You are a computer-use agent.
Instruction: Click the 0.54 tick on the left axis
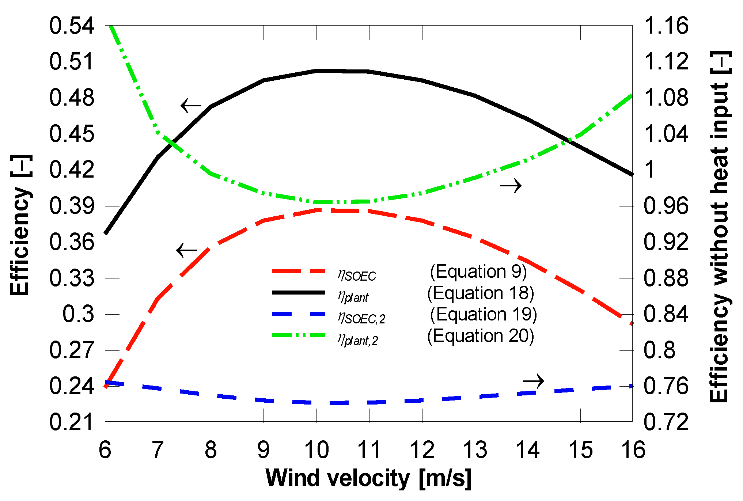[72, 26]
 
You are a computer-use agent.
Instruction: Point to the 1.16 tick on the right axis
[666, 26]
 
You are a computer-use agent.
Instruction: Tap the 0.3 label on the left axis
[78, 314]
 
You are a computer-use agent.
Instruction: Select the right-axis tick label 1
[649, 170]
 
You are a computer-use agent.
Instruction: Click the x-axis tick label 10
[316, 450]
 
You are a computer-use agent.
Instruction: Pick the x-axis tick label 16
[633, 450]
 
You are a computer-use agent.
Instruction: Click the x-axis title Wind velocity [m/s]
[368, 478]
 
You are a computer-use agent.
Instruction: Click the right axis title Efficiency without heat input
[720, 227]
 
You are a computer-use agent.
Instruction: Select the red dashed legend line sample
[298, 271]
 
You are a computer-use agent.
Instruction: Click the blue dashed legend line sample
[298, 314]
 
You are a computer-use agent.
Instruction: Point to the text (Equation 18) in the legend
[480, 293]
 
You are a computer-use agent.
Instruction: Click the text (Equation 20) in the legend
[480, 336]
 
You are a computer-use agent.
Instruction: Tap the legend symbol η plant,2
[357, 339]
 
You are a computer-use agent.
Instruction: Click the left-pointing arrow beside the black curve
[191, 106]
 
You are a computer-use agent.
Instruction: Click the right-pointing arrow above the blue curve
[534, 381]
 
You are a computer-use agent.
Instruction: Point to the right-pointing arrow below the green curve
[511, 186]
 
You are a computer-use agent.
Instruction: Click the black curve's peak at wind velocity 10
[317, 71]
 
